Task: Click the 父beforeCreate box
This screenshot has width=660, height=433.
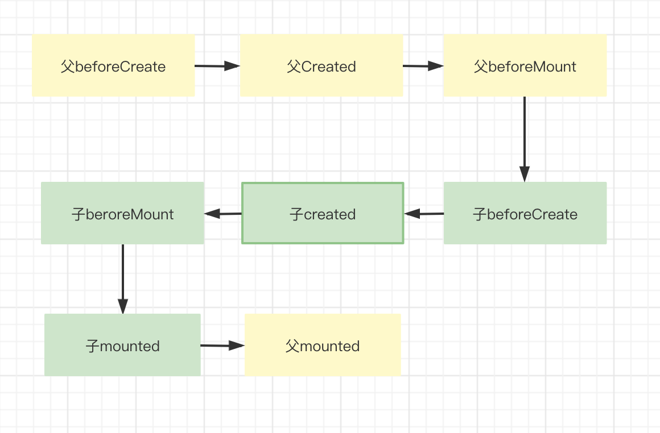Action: point(113,65)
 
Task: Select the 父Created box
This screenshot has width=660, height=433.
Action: point(321,65)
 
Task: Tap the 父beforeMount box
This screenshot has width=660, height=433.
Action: point(525,65)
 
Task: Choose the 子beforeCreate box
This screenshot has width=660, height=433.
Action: point(525,213)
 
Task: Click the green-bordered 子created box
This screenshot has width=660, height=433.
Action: point(323,213)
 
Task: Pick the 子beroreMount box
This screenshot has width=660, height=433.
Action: point(122,213)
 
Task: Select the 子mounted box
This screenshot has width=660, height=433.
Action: point(122,345)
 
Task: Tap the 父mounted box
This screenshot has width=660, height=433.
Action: point(323,345)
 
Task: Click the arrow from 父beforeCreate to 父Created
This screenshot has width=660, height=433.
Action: point(217,66)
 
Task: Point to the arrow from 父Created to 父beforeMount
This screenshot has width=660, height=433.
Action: point(423,66)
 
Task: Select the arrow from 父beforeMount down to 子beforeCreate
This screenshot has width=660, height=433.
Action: point(525,139)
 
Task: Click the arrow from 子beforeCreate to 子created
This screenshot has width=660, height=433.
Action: point(424,214)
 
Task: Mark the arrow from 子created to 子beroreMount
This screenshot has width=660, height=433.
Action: point(223,214)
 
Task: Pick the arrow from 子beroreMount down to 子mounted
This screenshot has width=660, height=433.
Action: point(123,278)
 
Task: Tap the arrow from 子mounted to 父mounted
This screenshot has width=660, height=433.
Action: point(222,345)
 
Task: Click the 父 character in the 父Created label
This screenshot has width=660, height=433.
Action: point(294,66)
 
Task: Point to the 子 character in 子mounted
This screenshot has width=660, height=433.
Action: point(93,346)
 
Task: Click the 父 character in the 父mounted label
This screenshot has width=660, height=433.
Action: point(292,346)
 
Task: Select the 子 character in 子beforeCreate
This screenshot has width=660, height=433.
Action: point(480,214)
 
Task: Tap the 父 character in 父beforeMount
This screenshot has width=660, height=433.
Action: point(481,66)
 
